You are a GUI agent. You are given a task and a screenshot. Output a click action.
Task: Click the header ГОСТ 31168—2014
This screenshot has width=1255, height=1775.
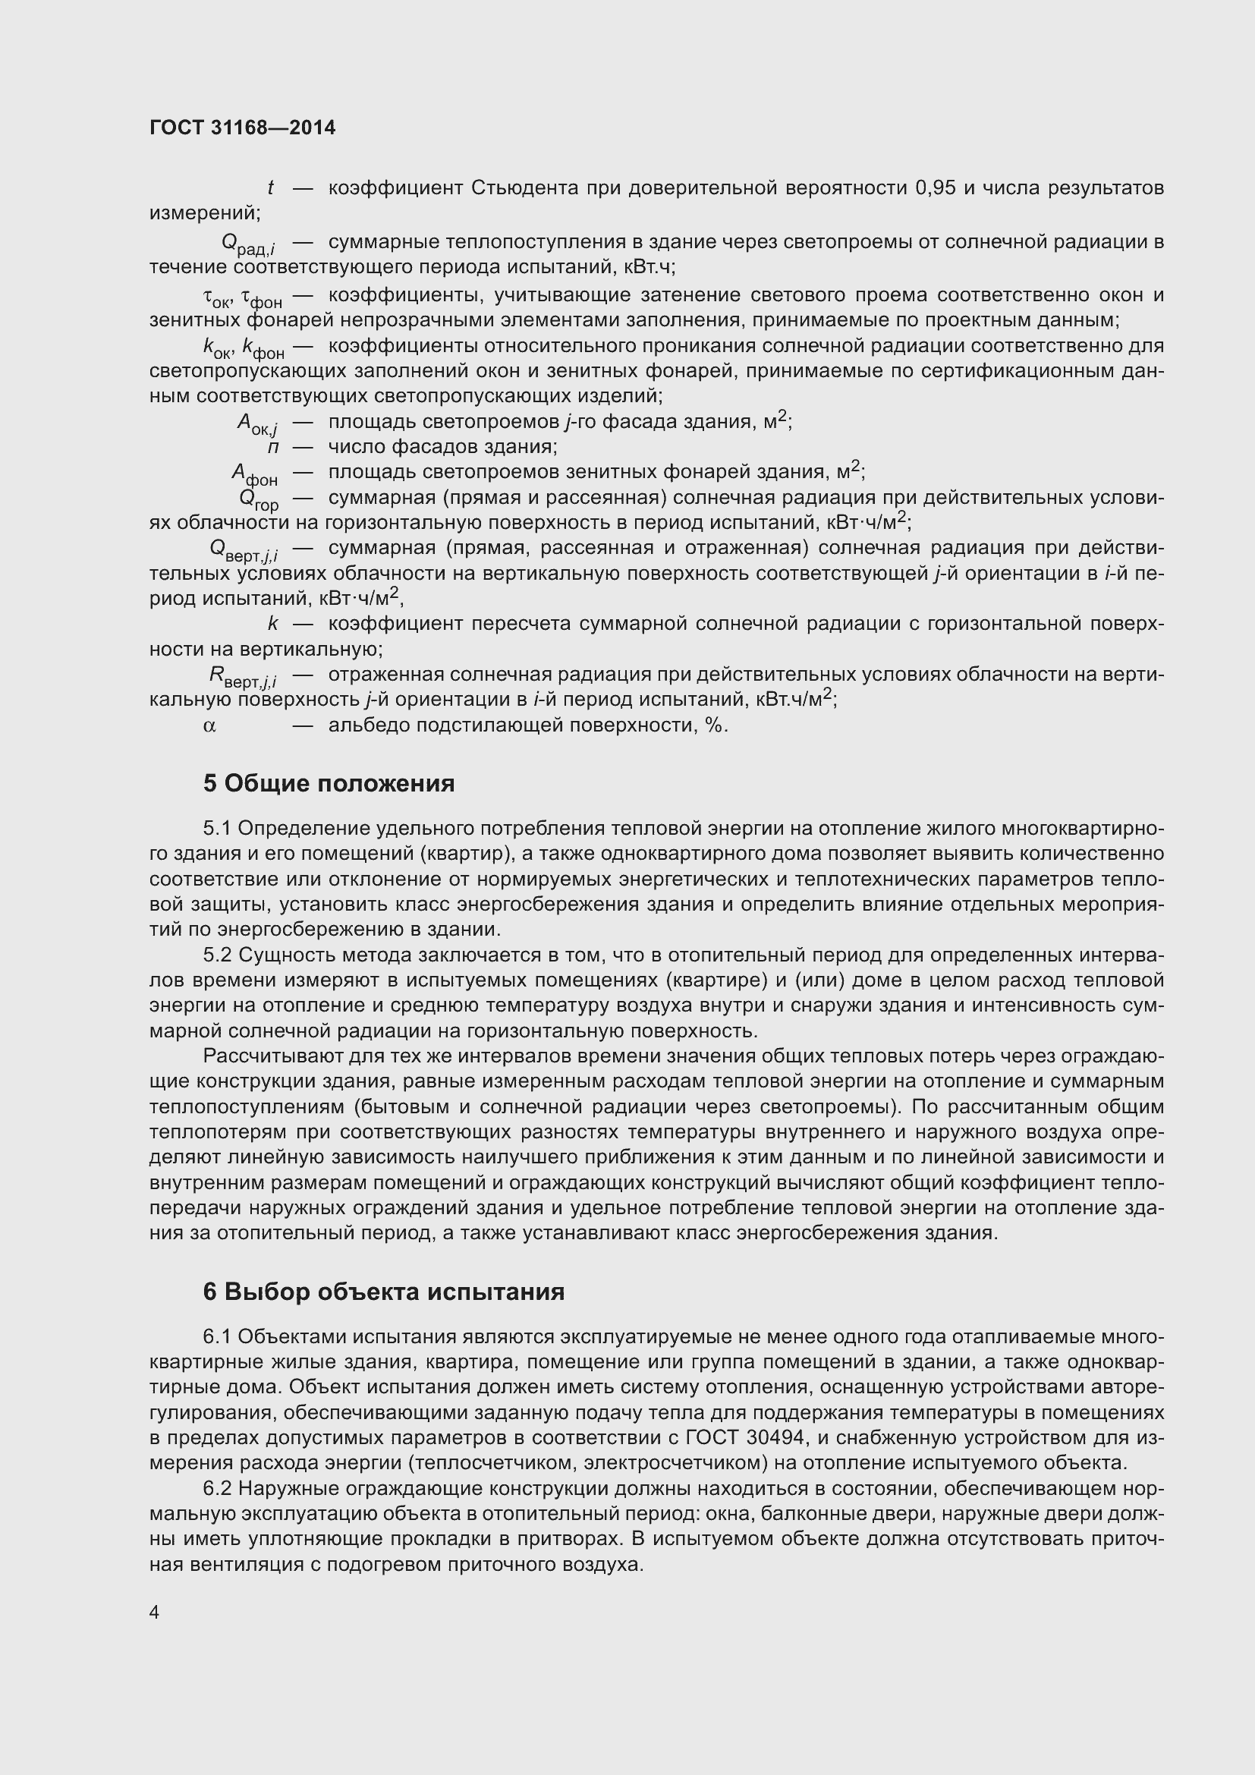pos(243,128)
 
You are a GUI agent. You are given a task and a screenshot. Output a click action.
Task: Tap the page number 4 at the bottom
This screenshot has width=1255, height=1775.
pos(155,1613)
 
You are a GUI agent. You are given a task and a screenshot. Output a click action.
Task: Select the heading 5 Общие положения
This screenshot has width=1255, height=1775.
pos(329,784)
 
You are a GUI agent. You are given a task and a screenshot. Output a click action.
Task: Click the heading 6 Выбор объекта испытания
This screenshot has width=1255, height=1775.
pos(383,1292)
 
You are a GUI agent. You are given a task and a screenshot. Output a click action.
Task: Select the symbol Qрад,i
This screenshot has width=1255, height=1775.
pos(249,244)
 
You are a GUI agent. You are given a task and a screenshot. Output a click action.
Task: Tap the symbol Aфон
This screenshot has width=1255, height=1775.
pos(255,474)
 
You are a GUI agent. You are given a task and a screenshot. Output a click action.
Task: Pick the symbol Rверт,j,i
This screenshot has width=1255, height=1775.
pos(244,677)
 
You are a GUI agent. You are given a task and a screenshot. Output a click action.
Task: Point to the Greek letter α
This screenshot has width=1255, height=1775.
pos(209,726)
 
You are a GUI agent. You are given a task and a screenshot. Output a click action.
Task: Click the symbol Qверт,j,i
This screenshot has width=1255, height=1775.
pos(244,550)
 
